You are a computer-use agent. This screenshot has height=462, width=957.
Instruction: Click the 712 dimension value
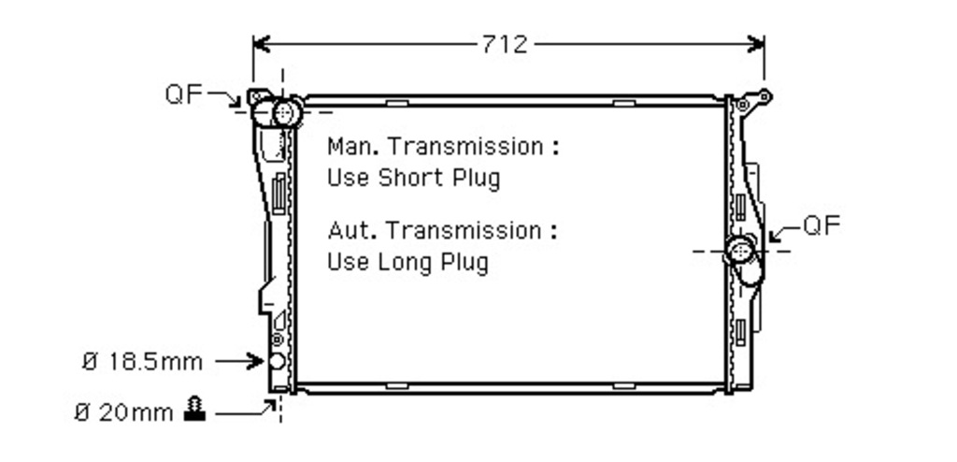(505, 44)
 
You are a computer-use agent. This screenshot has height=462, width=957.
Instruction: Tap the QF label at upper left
(183, 94)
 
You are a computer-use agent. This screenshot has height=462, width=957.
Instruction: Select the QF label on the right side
(821, 225)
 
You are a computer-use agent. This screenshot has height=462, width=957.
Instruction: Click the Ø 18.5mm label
(142, 362)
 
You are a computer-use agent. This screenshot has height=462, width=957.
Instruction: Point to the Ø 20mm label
(124, 413)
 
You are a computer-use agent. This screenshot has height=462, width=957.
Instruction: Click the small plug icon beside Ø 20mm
(194, 410)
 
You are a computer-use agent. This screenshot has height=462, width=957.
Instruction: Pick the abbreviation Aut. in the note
(354, 230)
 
